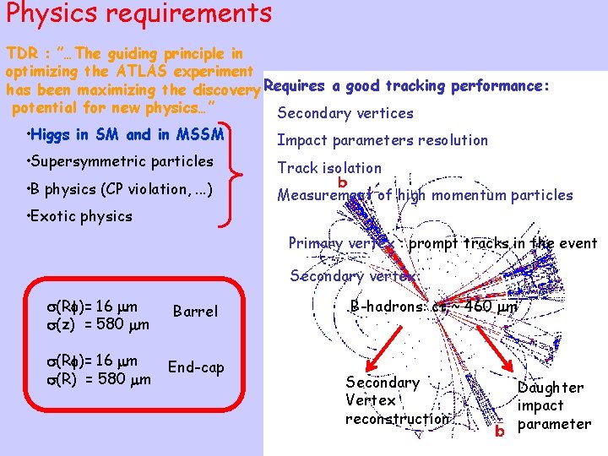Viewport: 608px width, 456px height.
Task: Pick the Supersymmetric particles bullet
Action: [121, 161]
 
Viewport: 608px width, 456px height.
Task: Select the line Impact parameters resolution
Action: [383, 140]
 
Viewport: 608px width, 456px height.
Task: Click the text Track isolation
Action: [329, 168]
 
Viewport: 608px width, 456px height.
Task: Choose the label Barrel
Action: [195, 312]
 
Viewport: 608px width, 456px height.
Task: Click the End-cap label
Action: [196, 366]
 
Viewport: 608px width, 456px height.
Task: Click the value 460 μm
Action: [489, 307]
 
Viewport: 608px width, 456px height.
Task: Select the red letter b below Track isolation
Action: [342, 182]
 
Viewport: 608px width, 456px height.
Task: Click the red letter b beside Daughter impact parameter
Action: [500, 432]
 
